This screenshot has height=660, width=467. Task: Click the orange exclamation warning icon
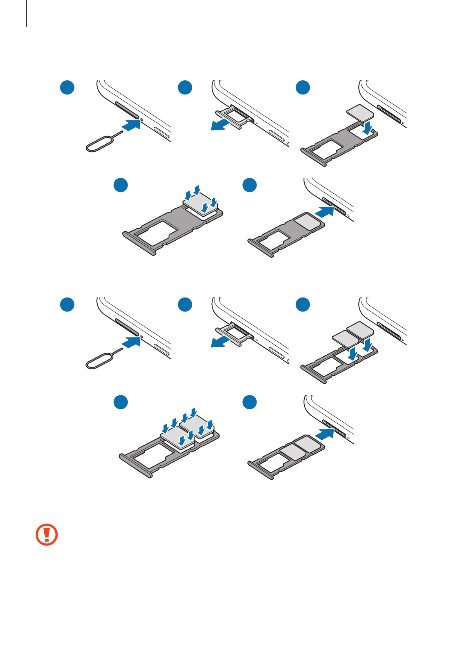[x=47, y=534]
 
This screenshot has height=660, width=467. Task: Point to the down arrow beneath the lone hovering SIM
[x=367, y=127]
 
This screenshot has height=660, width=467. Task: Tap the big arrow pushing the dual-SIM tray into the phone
[x=325, y=434]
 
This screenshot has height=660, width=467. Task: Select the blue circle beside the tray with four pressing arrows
[x=121, y=185]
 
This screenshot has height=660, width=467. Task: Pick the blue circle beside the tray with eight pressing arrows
[x=121, y=402]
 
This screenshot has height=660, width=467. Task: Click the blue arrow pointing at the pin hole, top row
[x=131, y=125]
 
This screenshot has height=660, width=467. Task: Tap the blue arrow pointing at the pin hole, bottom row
[x=131, y=342]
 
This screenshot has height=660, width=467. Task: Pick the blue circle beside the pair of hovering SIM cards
[x=303, y=305]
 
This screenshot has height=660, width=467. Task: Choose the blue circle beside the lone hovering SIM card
[x=303, y=87]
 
